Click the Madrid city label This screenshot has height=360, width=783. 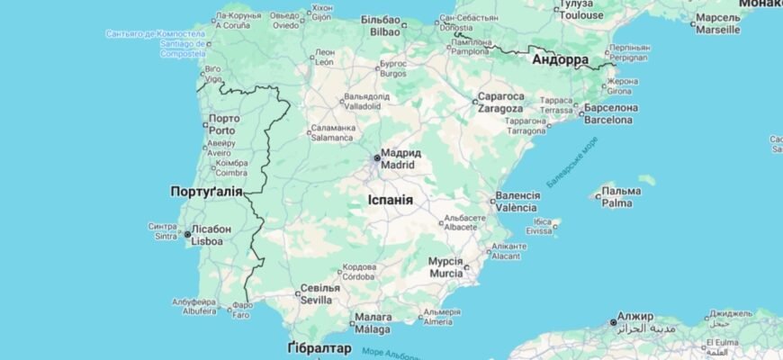[398, 159]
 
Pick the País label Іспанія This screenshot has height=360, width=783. [391, 200]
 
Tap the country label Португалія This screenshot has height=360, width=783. [207, 192]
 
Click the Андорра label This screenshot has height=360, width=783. [560, 60]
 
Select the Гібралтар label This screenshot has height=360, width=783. [319, 348]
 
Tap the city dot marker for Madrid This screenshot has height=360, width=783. [377, 158]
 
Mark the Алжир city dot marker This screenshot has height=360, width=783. [613, 321]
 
